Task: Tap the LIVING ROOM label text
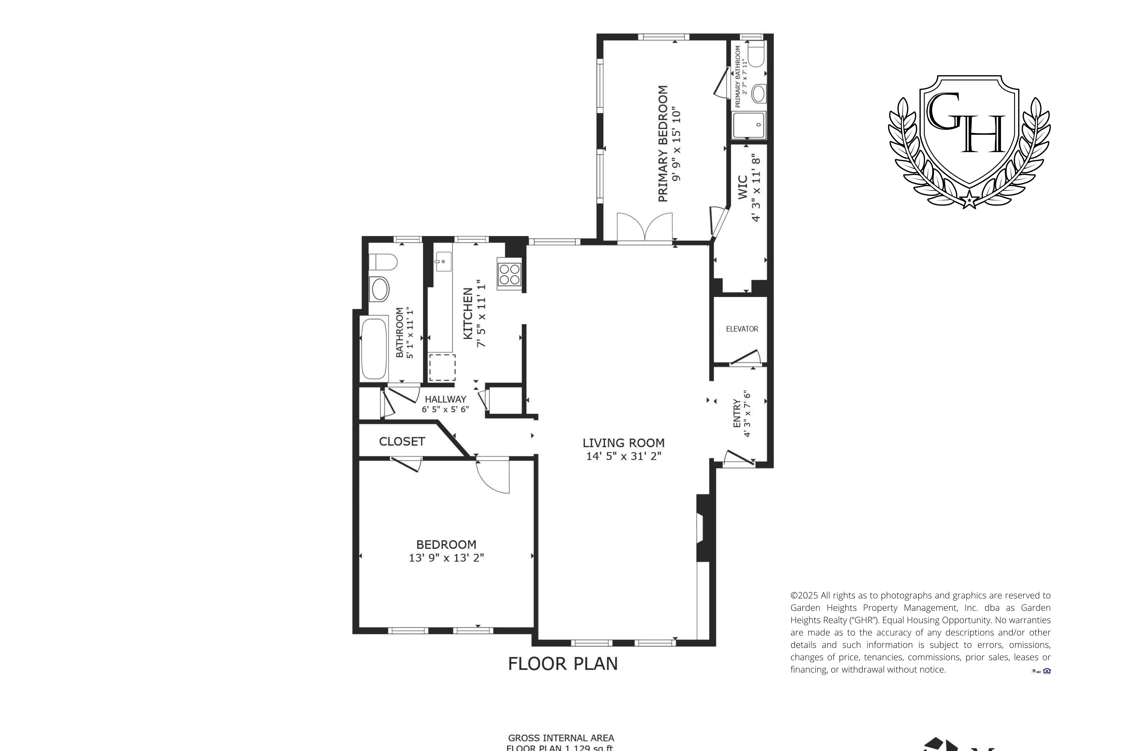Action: click(x=623, y=443)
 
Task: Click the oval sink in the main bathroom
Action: click(x=380, y=289)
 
